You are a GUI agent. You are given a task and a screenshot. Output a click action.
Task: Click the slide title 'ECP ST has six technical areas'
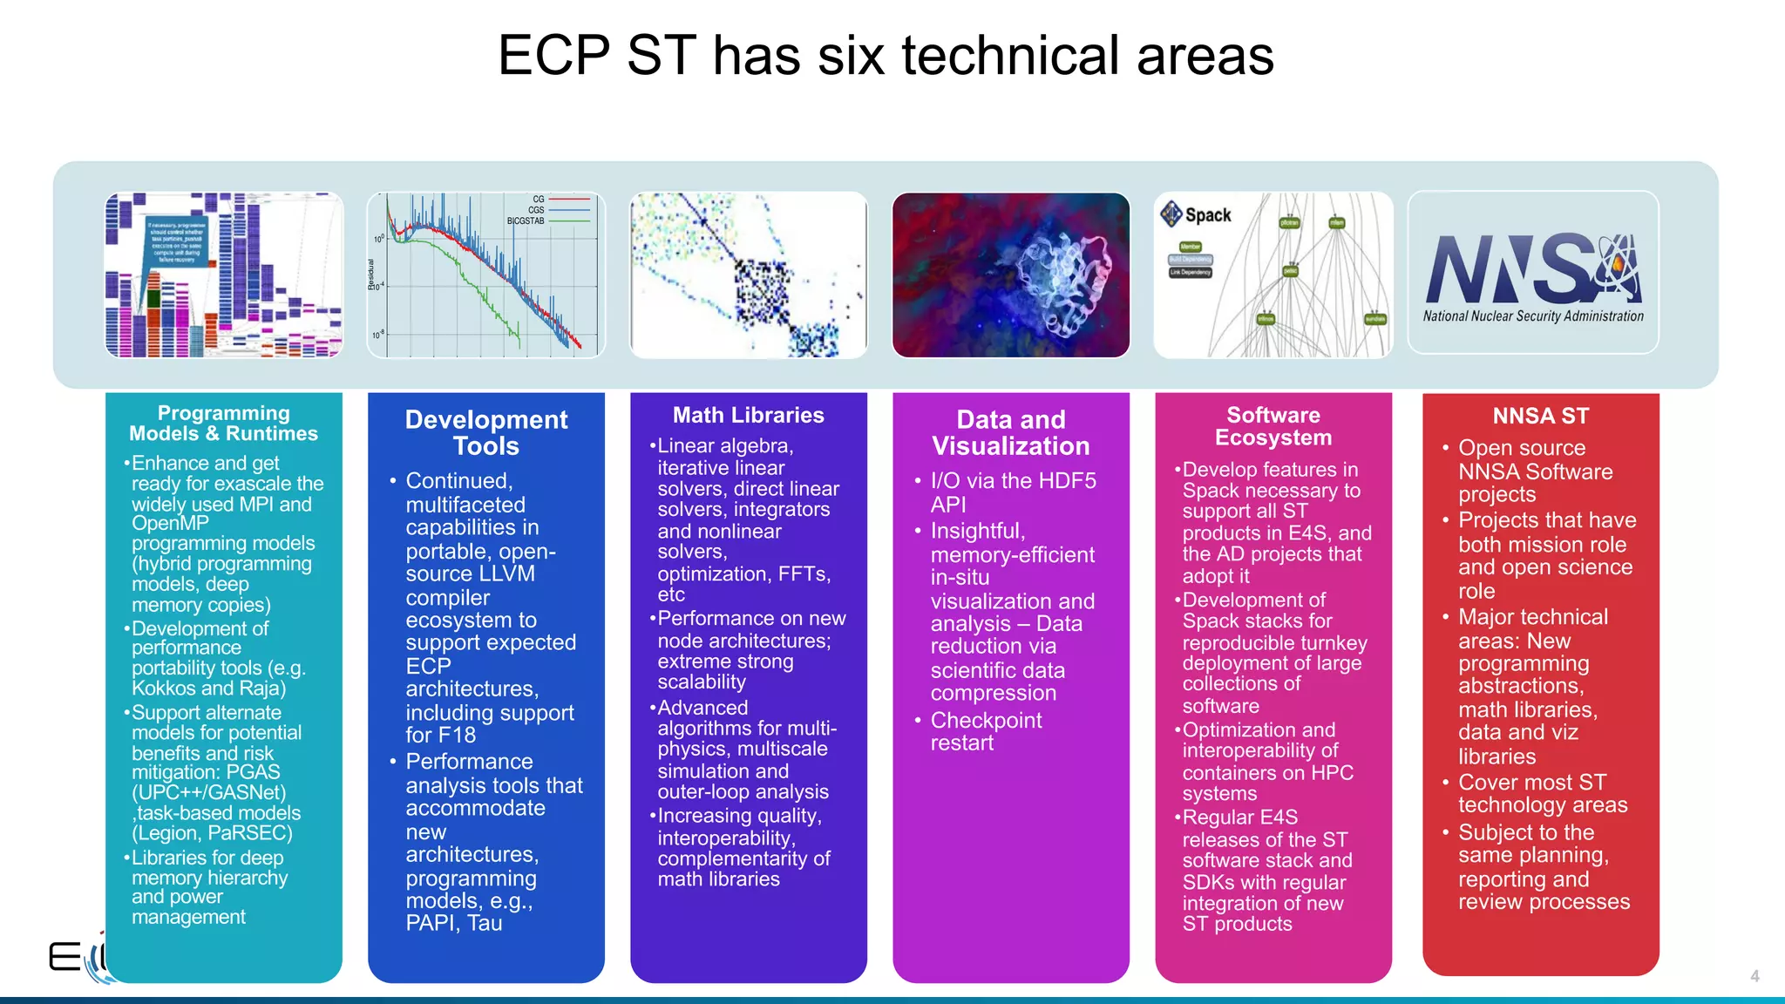pos(886,56)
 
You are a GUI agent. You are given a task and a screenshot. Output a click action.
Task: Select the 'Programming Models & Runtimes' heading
pos(223,424)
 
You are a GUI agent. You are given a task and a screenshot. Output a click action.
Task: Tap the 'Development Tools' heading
pos(486,433)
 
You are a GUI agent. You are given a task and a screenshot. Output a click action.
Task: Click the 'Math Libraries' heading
pos(748,416)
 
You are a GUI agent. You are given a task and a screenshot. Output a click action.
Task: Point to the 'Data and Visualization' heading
pos(1010,433)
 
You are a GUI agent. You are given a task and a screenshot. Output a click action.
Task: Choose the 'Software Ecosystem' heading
pos(1273,427)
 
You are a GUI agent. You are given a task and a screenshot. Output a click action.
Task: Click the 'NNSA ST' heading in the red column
pos(1540,417)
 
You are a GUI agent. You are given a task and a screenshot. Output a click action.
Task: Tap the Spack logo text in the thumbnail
pos(1208,215)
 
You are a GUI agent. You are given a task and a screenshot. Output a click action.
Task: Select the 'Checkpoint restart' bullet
pos(985,732)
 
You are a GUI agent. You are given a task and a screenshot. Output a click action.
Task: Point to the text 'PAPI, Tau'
pos(453,924)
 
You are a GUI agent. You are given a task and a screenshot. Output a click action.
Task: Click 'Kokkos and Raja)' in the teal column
pos(209,689)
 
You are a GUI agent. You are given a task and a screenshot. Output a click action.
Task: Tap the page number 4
pos(1754,976)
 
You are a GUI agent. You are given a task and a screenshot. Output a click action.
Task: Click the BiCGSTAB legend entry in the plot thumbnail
pos(526,221)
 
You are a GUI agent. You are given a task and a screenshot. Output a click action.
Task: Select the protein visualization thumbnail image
pos(1010,275)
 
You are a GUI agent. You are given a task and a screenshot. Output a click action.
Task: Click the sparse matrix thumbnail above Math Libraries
pos(748,275)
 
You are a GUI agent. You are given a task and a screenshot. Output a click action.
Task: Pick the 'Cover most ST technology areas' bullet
pos(1542,794)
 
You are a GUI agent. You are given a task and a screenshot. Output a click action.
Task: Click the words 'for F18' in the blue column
pos(440,736)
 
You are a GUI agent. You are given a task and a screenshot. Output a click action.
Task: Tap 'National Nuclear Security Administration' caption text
pos(1533,316)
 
